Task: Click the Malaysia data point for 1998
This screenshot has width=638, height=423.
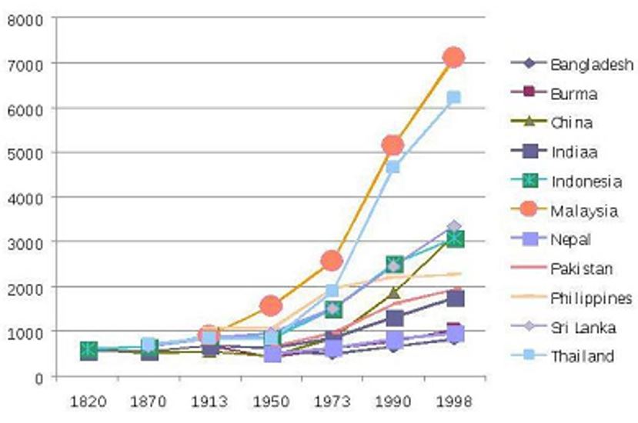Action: (453, 57)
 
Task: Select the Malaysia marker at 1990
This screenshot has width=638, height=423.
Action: (392, 145)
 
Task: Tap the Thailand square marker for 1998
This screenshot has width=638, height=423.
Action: (453, 98)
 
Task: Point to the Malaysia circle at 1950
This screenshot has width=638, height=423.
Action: (271, 305)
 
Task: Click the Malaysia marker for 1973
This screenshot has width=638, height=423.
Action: (332, 261)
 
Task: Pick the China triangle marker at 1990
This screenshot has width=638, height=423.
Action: (392, 292)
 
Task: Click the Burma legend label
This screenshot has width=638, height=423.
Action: (574, 94)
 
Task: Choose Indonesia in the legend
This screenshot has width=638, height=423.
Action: (586, 182)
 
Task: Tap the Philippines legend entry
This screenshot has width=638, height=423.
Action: (590, 298)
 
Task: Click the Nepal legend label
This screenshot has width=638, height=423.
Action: (570, 240)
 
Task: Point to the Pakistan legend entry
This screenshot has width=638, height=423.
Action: (581, 269)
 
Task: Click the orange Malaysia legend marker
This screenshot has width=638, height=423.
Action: (529, 211)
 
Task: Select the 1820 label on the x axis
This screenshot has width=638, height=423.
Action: (89, 401)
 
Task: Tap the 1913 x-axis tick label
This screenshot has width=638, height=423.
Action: (209, 401)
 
